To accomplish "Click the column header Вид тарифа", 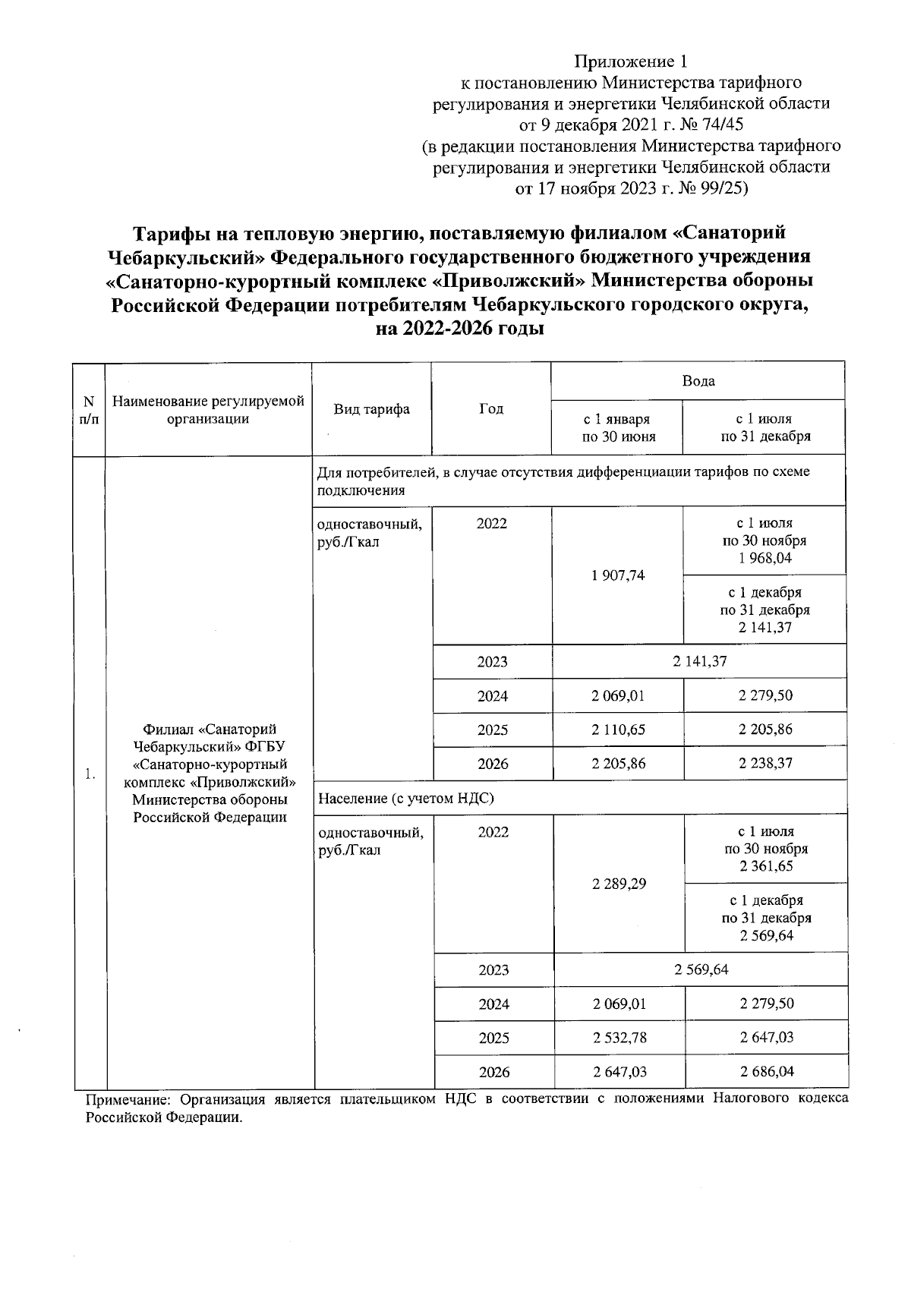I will (371, 409).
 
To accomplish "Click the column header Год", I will (491, 409).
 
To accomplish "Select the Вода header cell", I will (698, 381).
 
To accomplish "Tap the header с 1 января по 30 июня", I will (616, 427).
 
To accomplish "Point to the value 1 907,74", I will (617, 575).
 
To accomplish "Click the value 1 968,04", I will (764, 559).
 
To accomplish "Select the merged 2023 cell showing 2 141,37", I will (698, 661).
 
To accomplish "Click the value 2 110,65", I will (618, 730).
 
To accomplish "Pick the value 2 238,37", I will (765, 763).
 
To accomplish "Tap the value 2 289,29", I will (619, 884).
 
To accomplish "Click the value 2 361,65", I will (766, 866).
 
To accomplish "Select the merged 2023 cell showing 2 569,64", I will (701, 969).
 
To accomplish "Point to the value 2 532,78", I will (619, 1038).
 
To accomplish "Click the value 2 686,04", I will (767, 1072).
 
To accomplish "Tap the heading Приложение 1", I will (632, 61).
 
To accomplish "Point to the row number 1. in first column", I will (90, 774).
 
